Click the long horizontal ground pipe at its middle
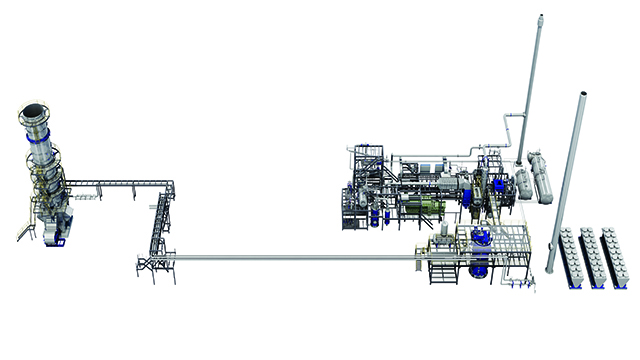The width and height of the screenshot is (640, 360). [x=290, y=258]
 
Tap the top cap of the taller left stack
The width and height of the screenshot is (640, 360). [x=537, y=19]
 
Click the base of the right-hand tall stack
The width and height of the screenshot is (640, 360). [x=550, y=270]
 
